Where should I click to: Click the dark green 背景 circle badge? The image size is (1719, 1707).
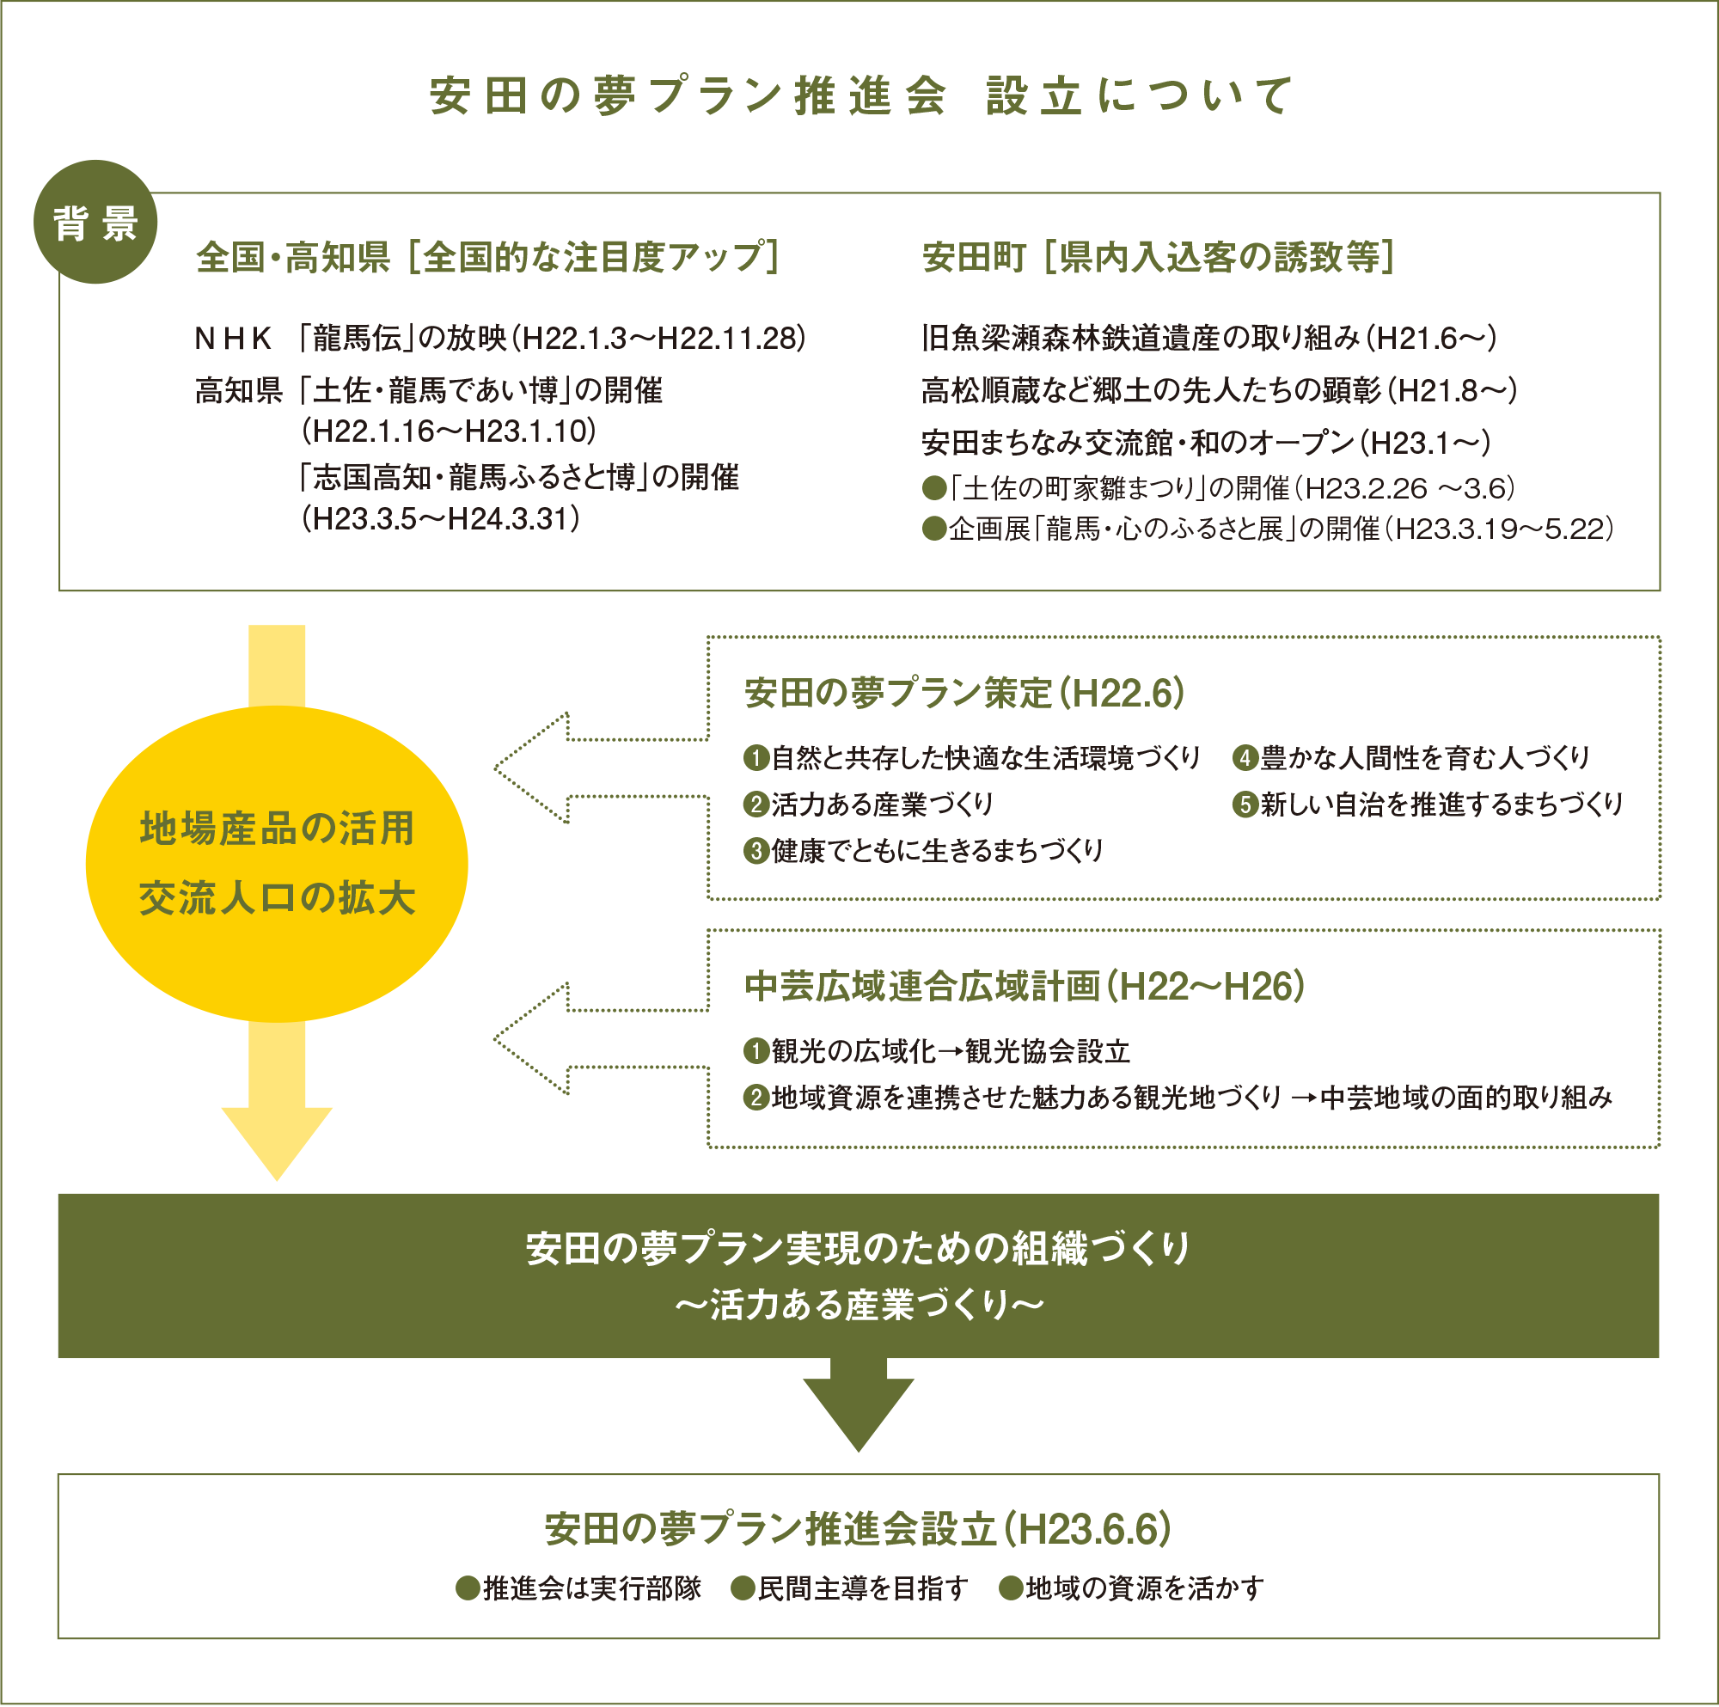95,222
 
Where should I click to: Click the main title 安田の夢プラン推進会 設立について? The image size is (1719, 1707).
860,95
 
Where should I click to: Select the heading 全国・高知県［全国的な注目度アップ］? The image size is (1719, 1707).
487,257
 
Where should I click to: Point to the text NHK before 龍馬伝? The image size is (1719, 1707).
233,338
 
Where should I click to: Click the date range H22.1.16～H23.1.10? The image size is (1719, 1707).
449,431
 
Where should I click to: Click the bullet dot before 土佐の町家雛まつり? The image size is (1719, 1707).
933,487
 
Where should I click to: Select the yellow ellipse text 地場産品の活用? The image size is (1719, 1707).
277,828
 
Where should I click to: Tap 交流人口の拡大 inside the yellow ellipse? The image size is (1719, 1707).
277,897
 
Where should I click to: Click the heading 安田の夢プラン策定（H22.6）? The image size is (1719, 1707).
964,694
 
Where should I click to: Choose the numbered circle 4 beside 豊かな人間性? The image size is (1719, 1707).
1245,757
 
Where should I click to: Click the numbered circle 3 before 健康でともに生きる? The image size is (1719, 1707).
756,850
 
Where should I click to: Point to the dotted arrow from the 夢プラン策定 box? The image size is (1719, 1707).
602,768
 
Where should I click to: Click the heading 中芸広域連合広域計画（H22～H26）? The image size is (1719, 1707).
1025,986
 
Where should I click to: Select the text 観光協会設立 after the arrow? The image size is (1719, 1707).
1047,1051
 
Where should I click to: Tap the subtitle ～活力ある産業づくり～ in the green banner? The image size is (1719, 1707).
859,1305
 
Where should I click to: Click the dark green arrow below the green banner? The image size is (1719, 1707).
859,1404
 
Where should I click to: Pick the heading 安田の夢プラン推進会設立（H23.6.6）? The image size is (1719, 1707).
859,1529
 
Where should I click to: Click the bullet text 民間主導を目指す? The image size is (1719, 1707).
862,1588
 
